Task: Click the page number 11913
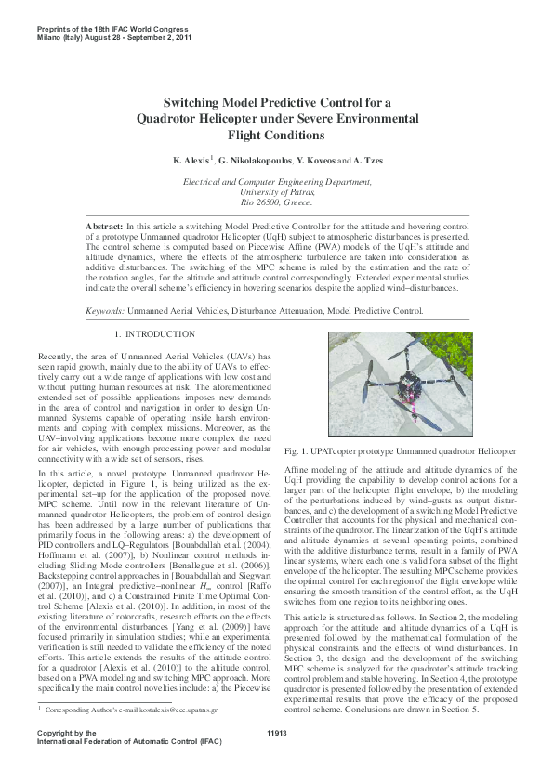(277, 733)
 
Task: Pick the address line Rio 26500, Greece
(277, 202)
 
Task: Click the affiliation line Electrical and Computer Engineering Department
(277, 183)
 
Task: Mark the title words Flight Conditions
(277, 136)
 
